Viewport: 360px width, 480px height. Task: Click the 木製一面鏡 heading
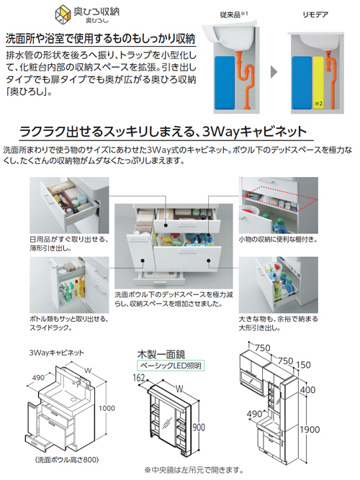pos(161,353)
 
